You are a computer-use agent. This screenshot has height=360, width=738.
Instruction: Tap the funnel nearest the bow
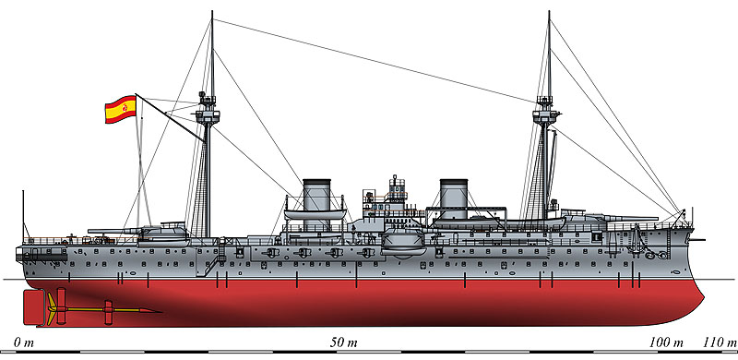[x=455, y=198]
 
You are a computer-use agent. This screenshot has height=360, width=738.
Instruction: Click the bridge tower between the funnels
[x=396, y=194]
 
